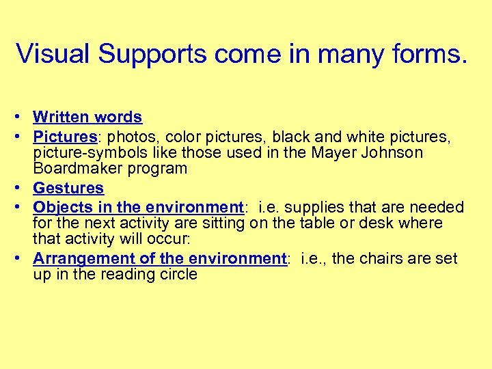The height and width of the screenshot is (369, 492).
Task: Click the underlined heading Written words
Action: click(87, 118)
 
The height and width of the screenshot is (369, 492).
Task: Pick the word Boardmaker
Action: click(75, 168)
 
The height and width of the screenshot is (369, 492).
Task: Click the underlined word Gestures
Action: click(68, 188)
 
